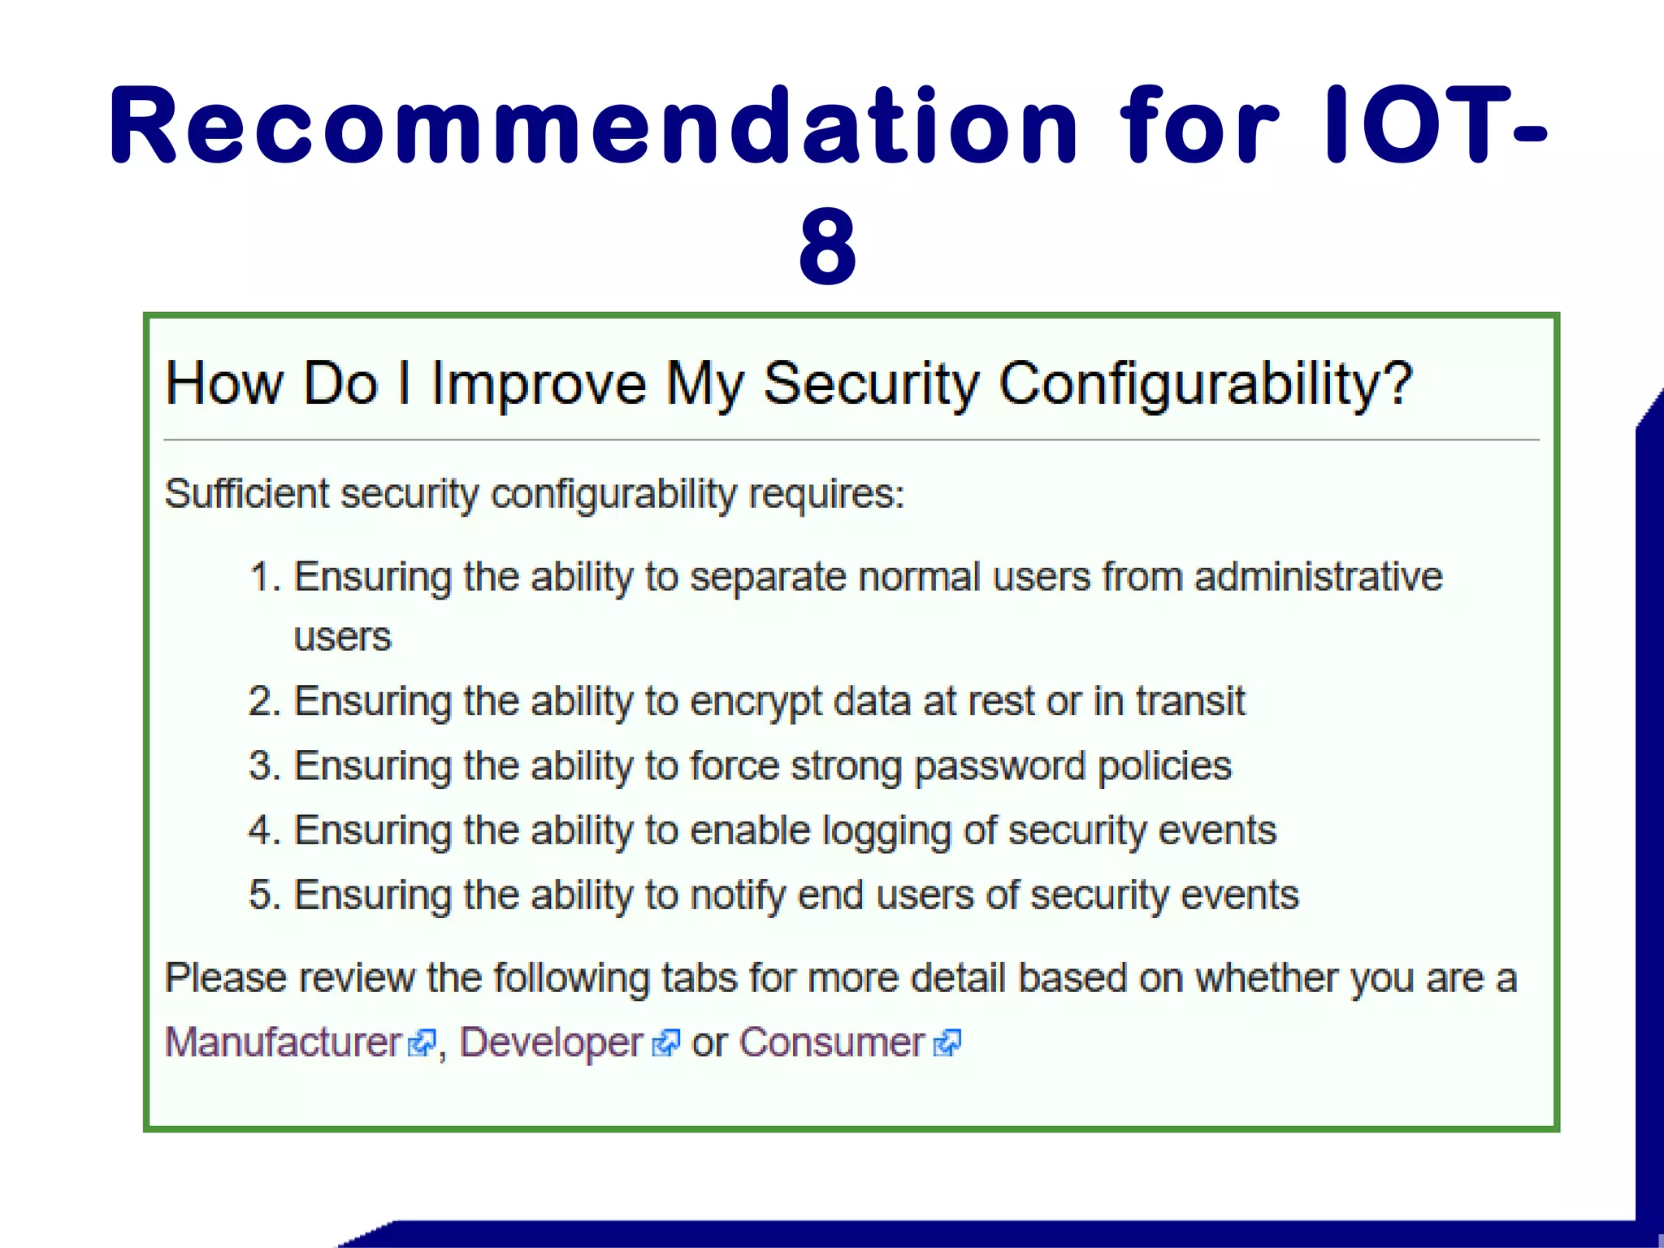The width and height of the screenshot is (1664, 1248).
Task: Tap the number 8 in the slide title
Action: pos(827,246)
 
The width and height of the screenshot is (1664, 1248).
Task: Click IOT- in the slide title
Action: pos(1434,126)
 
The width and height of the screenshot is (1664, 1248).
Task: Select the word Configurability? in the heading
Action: pos(1206,383)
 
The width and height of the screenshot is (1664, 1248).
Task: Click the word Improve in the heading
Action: pos(539,383)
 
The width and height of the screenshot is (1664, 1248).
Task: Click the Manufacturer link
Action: pos(284,1042)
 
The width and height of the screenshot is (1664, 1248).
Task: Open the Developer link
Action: pos(551,1042)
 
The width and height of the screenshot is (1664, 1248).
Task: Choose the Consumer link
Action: pos(831,1042)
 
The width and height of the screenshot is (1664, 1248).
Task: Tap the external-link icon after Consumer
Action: pos(947,1043)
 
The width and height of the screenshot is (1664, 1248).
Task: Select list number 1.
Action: pos(263,577)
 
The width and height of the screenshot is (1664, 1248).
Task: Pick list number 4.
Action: pos(263,830)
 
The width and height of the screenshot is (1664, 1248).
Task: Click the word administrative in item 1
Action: pos(1318,577)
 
